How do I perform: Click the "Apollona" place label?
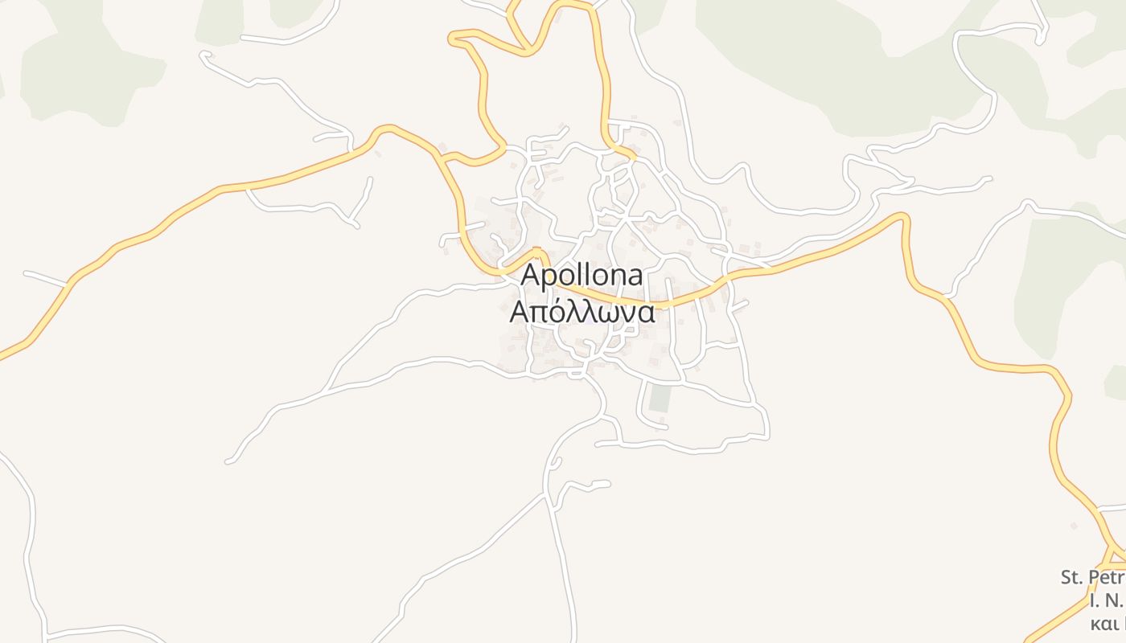click(581, 276)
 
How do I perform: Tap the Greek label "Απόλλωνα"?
click(581, 312)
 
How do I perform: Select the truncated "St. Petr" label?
click(1092, 577)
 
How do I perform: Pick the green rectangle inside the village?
click(660, 399)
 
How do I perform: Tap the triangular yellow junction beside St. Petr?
click(1115, 555)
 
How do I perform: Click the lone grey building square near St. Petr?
click(1073, 526)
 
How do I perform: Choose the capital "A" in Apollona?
click(531, 276)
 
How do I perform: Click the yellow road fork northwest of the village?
click(442, 156)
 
